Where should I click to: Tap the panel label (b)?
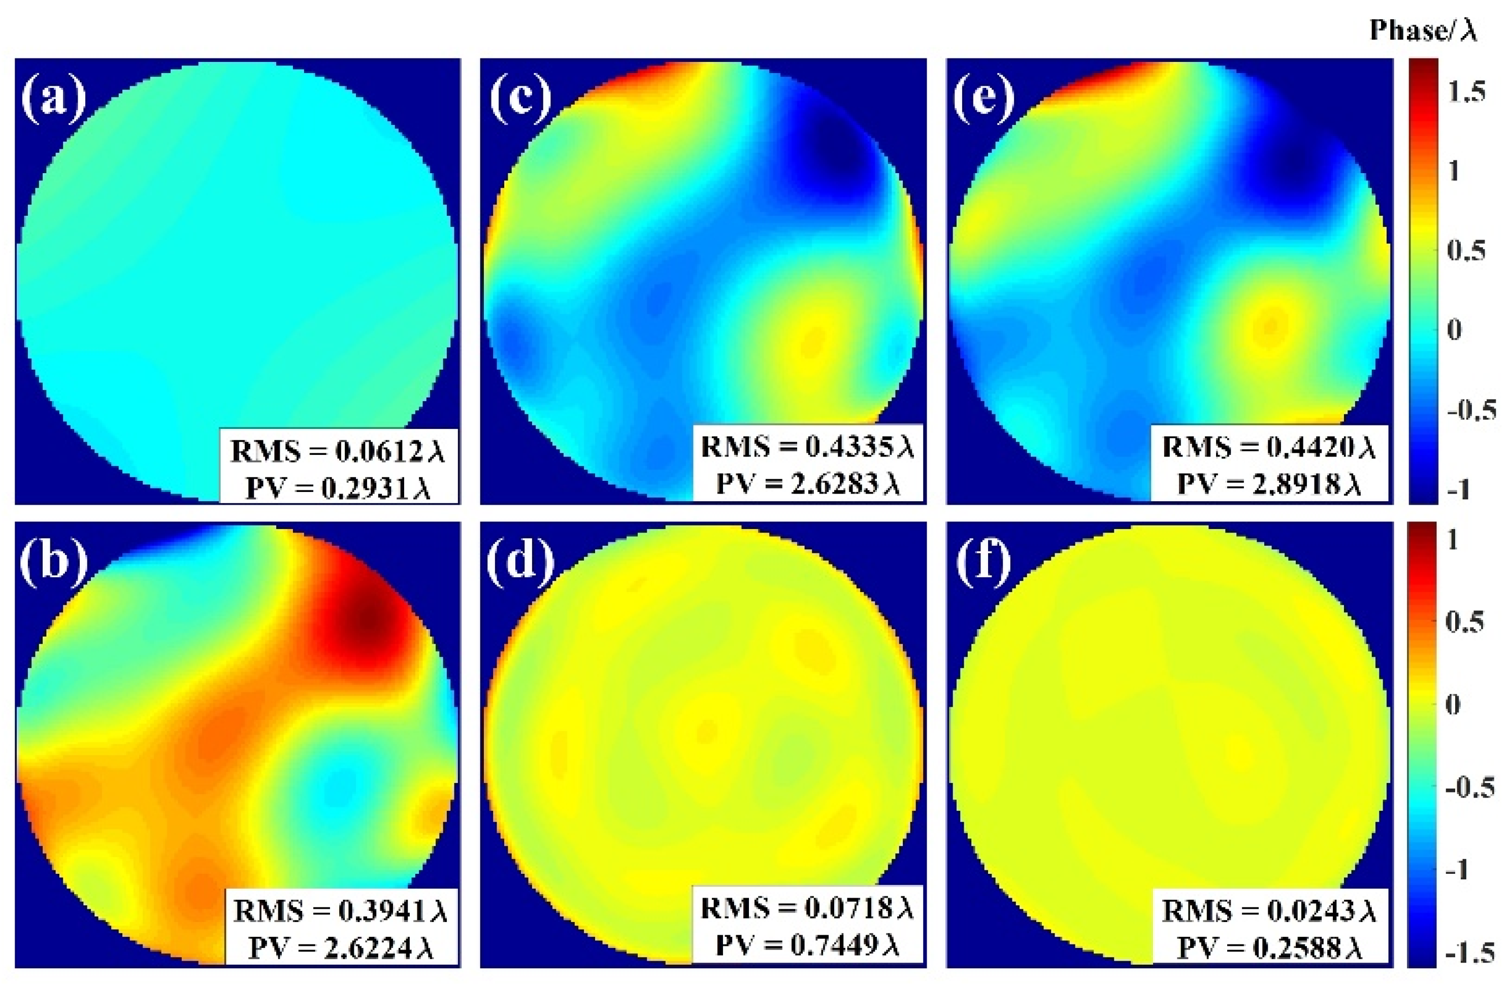(53, 559)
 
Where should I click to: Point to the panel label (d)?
(520, 559)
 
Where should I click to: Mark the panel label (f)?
(984, 559)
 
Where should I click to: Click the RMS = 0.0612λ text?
(338, 451)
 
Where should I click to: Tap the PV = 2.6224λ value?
(341, 948)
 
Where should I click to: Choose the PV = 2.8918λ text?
(1269, 484)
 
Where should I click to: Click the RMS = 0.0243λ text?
(1269, 911)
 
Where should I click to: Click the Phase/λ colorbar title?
(1423, 30)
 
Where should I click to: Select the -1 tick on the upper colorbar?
(1458, 489)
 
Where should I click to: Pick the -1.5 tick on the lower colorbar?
(1470, 953)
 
